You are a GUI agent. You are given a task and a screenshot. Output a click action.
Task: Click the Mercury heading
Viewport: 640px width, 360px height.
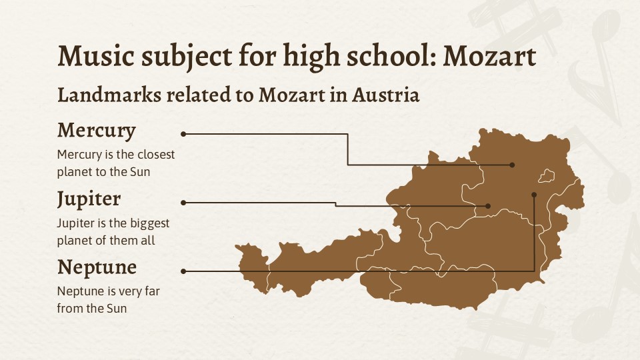[97, 130]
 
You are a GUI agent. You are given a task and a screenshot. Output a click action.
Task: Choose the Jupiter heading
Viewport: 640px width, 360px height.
[89, 199]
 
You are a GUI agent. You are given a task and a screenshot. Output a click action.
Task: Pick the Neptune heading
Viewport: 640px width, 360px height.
[97, 267]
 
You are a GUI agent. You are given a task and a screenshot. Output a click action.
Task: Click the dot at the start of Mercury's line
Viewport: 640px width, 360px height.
[183, 134]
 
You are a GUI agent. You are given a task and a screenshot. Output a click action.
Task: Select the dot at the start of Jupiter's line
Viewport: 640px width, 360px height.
[183, 202]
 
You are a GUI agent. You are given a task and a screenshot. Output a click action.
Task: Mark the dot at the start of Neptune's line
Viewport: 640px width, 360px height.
[183, 271]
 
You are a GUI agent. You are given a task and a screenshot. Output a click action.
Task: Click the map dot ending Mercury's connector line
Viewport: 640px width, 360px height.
[512, 165]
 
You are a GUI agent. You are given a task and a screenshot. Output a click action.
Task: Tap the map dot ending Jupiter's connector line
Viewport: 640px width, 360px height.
[488, 206]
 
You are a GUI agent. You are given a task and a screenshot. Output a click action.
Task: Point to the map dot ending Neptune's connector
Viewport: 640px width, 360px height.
[534, 195]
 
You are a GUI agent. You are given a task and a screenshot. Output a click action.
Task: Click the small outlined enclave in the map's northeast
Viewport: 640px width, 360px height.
[547, 176]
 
